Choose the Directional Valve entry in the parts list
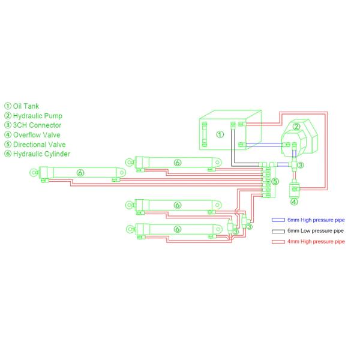(38, 145)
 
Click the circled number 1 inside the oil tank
(220, 134)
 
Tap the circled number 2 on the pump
(296, 126)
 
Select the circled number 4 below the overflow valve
(294, 201)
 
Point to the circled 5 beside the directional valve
(275, 181)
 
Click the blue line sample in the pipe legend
(278, 220)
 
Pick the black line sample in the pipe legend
(278, 231)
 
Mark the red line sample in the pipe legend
(278, 242)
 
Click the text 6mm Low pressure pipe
(316, 231)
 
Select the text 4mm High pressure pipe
(316, 242)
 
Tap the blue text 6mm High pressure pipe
(316, 220)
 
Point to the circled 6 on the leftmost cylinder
(80, 173)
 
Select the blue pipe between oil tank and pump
(264, 143)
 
